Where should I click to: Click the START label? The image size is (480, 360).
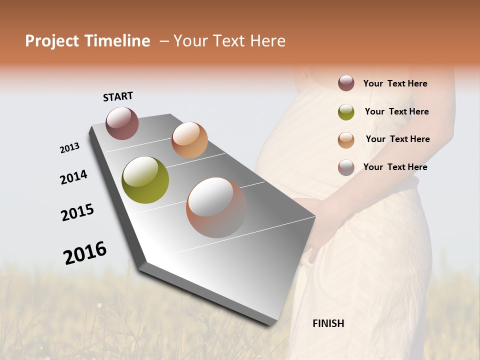(118, 96)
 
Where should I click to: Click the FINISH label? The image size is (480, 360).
(328, 323)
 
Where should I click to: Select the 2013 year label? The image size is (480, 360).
(69, 148)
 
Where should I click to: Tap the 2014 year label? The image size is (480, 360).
(73, 177)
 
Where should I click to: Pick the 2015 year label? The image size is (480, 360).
(77, 212)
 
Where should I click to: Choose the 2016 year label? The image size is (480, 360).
(85, 252)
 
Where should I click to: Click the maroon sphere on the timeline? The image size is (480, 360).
(122, 123)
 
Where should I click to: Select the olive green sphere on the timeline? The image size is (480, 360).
(145, 180)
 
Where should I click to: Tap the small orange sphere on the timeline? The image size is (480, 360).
(189, 140)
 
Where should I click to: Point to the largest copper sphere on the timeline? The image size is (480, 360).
(216, 207)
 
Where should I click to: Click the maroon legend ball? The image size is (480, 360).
(346, 83)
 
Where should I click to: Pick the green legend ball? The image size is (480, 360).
(346, 112)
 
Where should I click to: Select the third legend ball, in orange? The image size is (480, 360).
(346, 140)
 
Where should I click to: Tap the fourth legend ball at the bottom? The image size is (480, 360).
(346, 167)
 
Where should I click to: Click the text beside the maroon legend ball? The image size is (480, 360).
(395, 83)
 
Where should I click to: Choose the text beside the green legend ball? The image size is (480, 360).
(396, 111)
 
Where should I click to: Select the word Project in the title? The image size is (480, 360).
(52, 41)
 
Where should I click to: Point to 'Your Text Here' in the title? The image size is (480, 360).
(229, 41)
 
